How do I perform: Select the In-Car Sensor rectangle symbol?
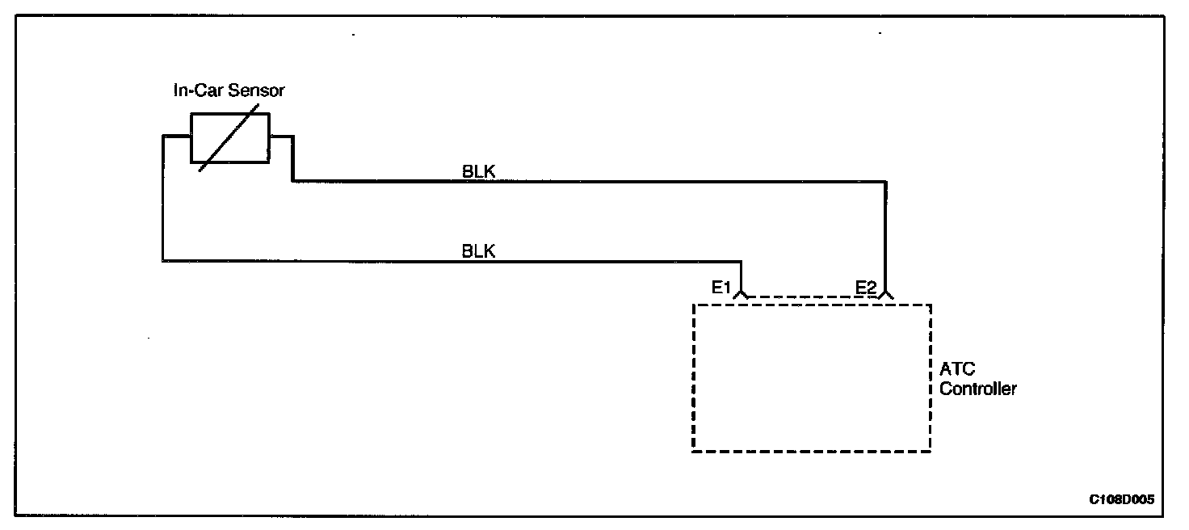pos(229,137)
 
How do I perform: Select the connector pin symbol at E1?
pos(742,294)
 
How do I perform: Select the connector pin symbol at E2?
pos(886,294)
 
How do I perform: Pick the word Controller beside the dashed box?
pos(978,389)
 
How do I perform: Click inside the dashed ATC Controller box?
pos(811,378)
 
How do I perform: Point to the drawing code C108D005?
pos(1121,499)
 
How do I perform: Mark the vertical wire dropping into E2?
pos(886,234)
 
